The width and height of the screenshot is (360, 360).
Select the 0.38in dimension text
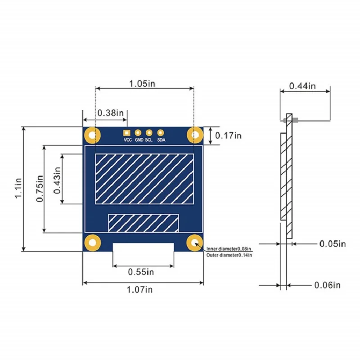point(111,112)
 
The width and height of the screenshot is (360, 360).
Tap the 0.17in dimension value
point(228,135)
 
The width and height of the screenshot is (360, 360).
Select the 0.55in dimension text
point(141,272)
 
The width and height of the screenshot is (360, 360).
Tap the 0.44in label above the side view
point(302,85)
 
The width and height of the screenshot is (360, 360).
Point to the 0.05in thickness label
point(333,244)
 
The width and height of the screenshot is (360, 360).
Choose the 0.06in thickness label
point(327,285)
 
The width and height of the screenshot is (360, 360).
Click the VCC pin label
point(127,140)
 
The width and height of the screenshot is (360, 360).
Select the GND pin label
point(139,140)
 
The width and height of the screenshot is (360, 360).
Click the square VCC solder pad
point(127,133)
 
